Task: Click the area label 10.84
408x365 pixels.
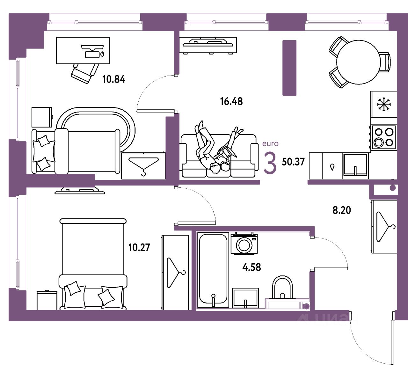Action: [114, 79]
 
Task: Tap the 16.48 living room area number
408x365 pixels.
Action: [231, 101]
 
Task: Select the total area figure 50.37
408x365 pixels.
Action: [293, 162]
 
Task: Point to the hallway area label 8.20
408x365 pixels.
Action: [342, 210]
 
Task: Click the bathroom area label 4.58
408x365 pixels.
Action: [251, 267]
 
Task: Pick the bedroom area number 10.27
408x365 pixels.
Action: [139, 247]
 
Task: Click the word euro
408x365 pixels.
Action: [270, 144]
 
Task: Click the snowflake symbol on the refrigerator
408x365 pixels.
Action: [384, 104]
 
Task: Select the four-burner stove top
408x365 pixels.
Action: [384, 137]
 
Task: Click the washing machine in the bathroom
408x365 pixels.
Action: [244, 244]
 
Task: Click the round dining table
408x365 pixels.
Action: [358, 62]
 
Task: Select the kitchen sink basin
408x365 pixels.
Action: [355, 165]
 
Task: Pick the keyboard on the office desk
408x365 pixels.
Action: [92, 54]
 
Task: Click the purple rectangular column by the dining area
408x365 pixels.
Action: [289, 68]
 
